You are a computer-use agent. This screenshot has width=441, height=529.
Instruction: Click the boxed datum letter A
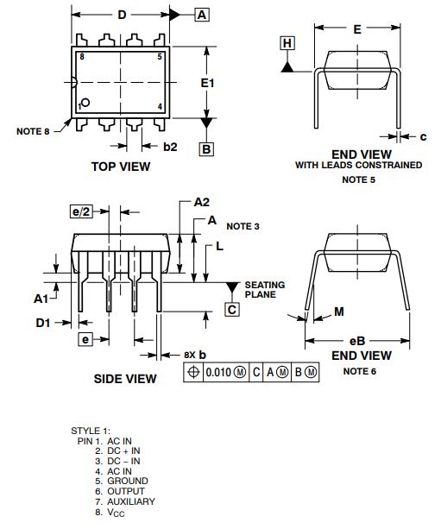pyautogui.click(x=202, y=15)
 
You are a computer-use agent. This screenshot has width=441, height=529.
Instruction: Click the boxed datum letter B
pyautogui.click(x=206, y=149)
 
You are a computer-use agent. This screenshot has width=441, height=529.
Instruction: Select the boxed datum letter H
pyautogui.click(x=287, y=43)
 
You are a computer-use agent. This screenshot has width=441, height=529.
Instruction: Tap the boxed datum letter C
pyautogui.click(x=232, y=309)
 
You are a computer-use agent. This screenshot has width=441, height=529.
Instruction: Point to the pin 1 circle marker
pyautogui.click(x=85, y=102)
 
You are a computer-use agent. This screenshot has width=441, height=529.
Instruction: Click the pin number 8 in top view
pyautogui.click(x=82, y=57)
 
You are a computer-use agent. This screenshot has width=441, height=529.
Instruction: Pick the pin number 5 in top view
pyautogui.click(x=160, y=57)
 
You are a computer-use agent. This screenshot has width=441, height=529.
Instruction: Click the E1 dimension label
pyautogui.click(x=207, y=83)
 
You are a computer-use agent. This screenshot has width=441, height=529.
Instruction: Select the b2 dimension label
pyautogui.click(x=170, y=147)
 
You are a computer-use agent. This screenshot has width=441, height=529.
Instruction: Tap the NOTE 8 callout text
pyautogui.click(x=33, y=131)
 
